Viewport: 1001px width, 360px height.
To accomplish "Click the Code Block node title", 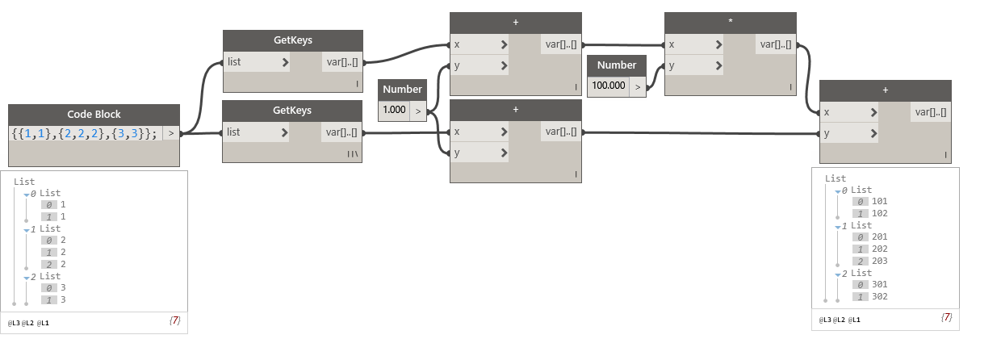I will pyautogui.click(x=94, y=115).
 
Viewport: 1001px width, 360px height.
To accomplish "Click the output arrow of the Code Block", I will pyautogui.click(x=171, y=133).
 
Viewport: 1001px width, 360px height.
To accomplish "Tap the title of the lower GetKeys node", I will pyautogui.click(x=292, y=111).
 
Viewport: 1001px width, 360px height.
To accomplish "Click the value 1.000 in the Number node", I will pyautogui.click(x=395, y=110).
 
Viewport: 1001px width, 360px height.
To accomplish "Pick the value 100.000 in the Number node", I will pyautogui.click(x=608, y=86).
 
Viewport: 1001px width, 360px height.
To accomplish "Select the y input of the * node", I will pyautogui.click(x=693, y=66).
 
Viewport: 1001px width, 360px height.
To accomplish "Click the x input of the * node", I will pyautogui.click(x=693, y=44).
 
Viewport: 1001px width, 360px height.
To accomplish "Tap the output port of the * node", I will pyautogui.click(x=776, y=45).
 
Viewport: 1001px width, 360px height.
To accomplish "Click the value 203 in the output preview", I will pyautogui.click(x=879, y=261).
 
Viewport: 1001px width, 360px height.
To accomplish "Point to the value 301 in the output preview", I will pyautogui.click(x=879, y=284).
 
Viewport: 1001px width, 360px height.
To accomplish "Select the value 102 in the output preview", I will pyautogui.click(x=879, y=213).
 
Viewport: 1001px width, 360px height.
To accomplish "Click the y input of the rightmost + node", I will pyautogui.click(x=848, y=134).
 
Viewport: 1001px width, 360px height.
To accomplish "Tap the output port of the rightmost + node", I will pyautogui.click(x=931, y=113).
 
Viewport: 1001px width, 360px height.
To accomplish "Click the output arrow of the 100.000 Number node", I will pyautogui.click(x=638, y=86).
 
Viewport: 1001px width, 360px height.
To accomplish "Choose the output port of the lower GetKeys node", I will pyautogui.click(x=342, y=132).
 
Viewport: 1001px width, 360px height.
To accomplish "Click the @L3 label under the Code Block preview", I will pyautogui.click(x=14, y=323).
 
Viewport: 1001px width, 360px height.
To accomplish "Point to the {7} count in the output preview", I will pyautogui.click(x=947, y=317).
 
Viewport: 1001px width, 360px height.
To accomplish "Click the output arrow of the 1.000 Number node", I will pyautogui.click(x=417, y=111).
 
